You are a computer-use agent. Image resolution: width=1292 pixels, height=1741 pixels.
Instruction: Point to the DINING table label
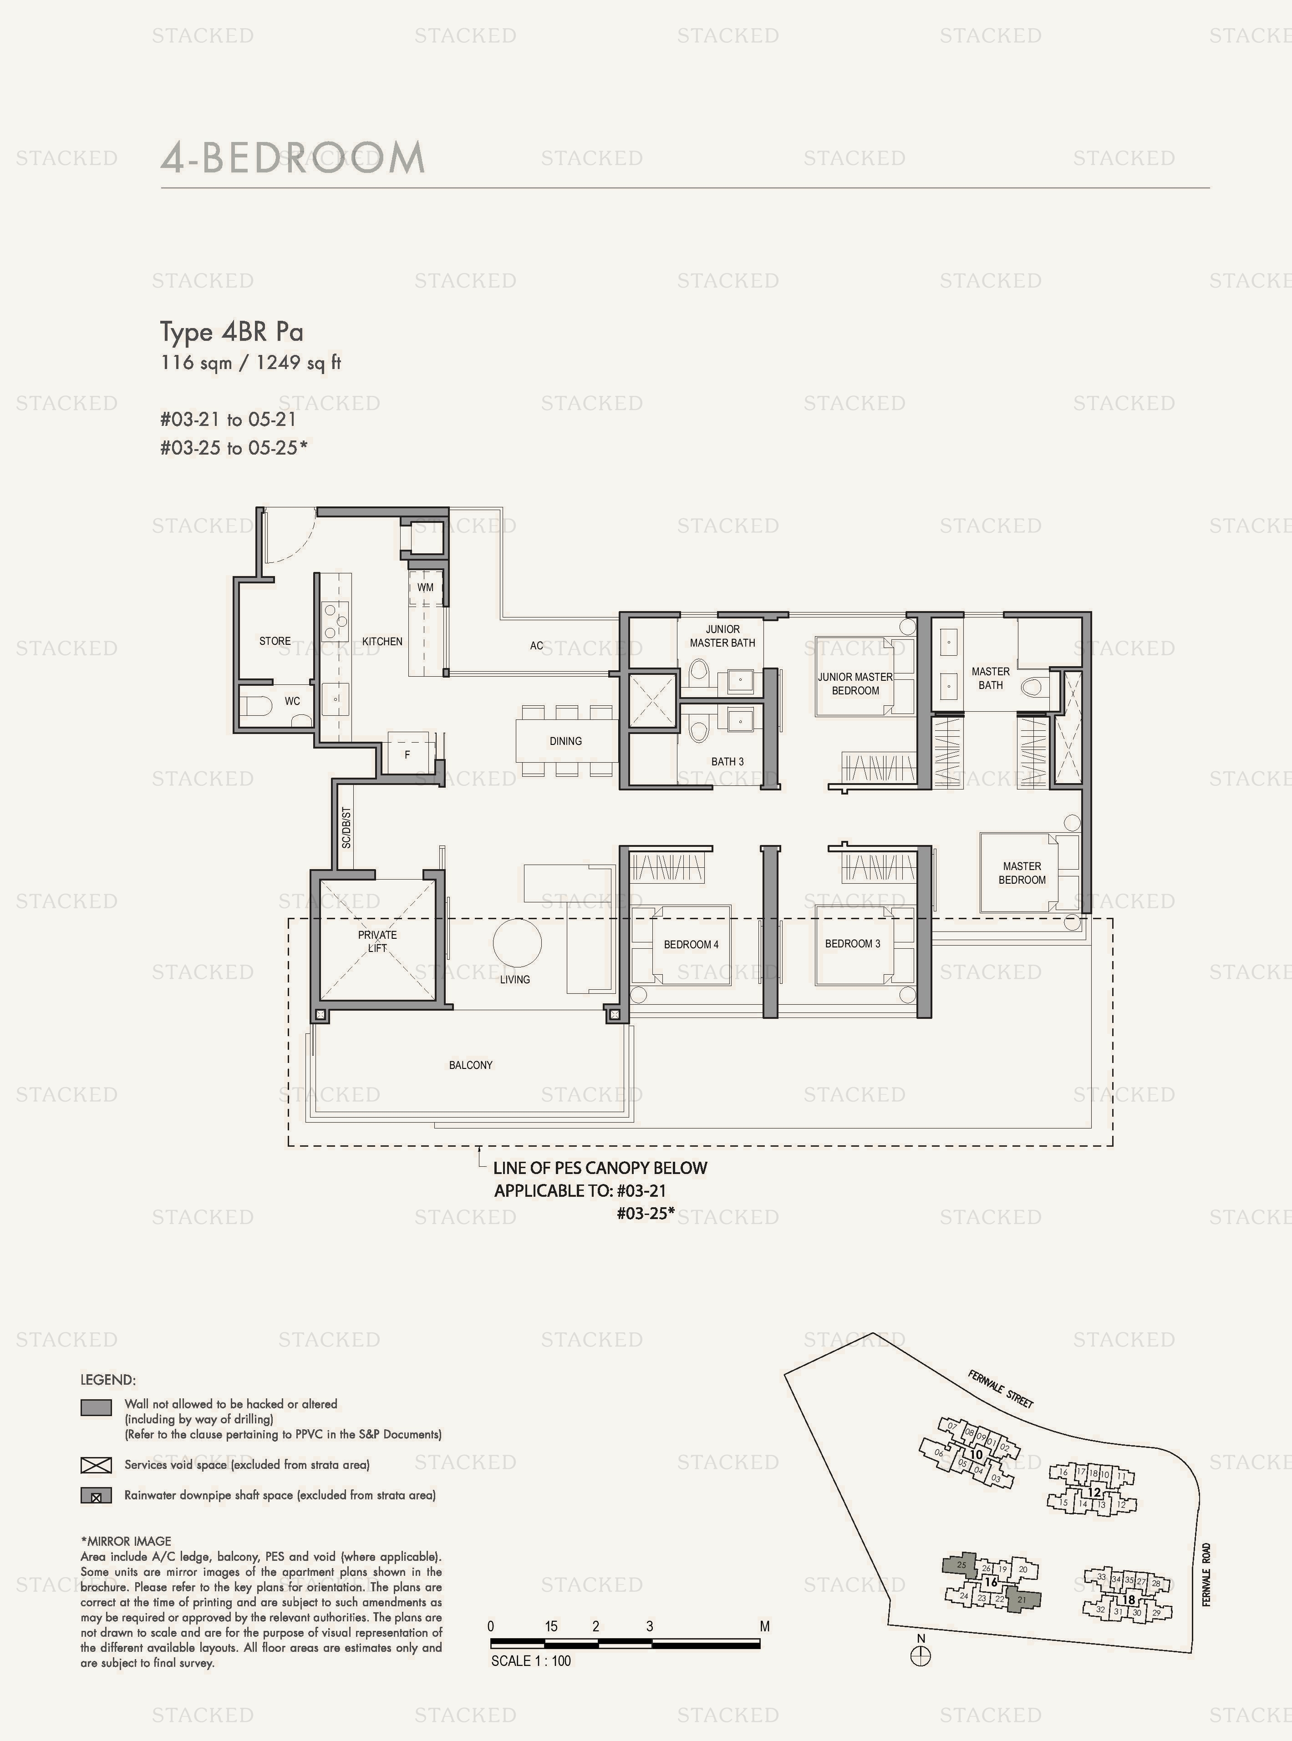pos(565,741)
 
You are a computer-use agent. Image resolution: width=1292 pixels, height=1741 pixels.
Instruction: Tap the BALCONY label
pos(471,1065)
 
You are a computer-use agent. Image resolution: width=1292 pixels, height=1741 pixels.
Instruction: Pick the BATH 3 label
pos(727,761)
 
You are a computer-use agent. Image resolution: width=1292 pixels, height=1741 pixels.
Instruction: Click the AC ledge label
pos(536,646)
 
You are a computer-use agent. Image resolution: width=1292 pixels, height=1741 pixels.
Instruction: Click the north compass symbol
pos(921,1656)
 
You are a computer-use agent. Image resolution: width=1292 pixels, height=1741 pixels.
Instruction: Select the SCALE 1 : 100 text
pos(531,1660)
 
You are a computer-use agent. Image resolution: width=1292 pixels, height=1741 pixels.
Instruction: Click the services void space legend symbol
pos(96,1465)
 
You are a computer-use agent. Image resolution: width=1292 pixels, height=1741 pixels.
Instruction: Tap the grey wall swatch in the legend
pos(96,1407)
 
